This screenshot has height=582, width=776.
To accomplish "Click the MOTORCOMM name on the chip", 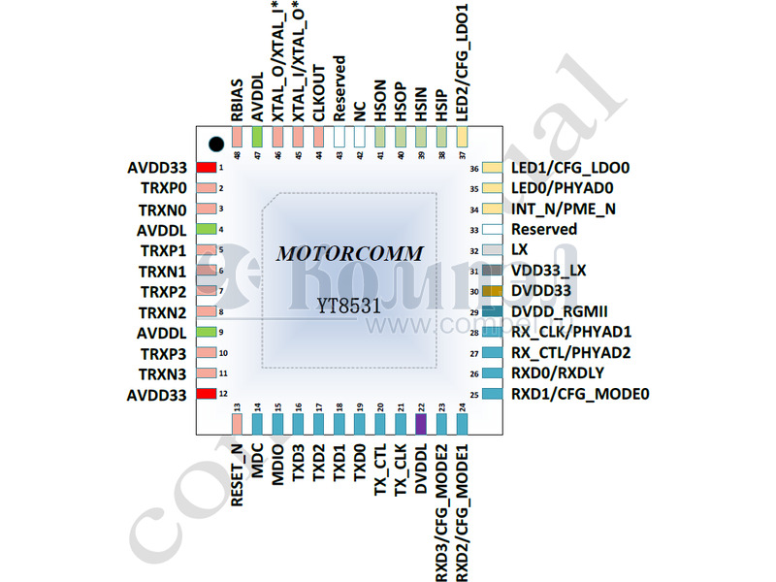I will tap(350, 254).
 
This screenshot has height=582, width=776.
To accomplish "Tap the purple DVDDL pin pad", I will tap(421, 424).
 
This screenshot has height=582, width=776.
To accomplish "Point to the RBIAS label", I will tap(237, 101).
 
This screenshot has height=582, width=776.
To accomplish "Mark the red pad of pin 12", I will tap(206, 394).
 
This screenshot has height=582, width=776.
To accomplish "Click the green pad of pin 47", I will tap(257, 137).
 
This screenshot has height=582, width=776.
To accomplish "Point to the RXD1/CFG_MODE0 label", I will tap(579, 394).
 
